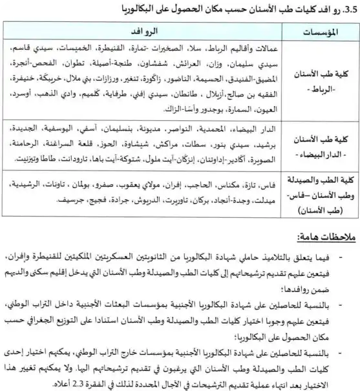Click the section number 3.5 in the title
[x=350, y=9]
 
